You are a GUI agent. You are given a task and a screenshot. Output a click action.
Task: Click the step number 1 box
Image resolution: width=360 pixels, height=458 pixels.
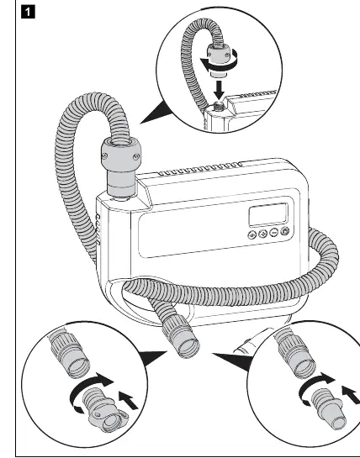(x=28, y=13)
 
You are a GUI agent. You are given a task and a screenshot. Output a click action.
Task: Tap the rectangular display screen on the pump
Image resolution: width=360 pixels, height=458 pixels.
(x=268, y=214)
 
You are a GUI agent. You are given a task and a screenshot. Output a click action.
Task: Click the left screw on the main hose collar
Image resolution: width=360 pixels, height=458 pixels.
(x=105, y=156)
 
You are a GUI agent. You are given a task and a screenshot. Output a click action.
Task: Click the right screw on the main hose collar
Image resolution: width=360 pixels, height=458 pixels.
(x=135, y=157)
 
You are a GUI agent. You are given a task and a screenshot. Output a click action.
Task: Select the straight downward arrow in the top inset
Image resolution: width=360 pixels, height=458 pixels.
(x=219, y=90)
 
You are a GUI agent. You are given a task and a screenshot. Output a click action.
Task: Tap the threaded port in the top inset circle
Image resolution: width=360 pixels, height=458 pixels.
(x=217, y=105)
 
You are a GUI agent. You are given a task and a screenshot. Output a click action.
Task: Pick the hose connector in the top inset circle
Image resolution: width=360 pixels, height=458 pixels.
(x=218, y=60)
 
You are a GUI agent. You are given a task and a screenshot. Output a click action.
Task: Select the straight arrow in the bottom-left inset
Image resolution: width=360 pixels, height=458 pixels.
(x=128, y=401)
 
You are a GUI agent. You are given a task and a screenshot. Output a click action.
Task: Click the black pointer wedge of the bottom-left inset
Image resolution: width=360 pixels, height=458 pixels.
(x=152, y=358)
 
